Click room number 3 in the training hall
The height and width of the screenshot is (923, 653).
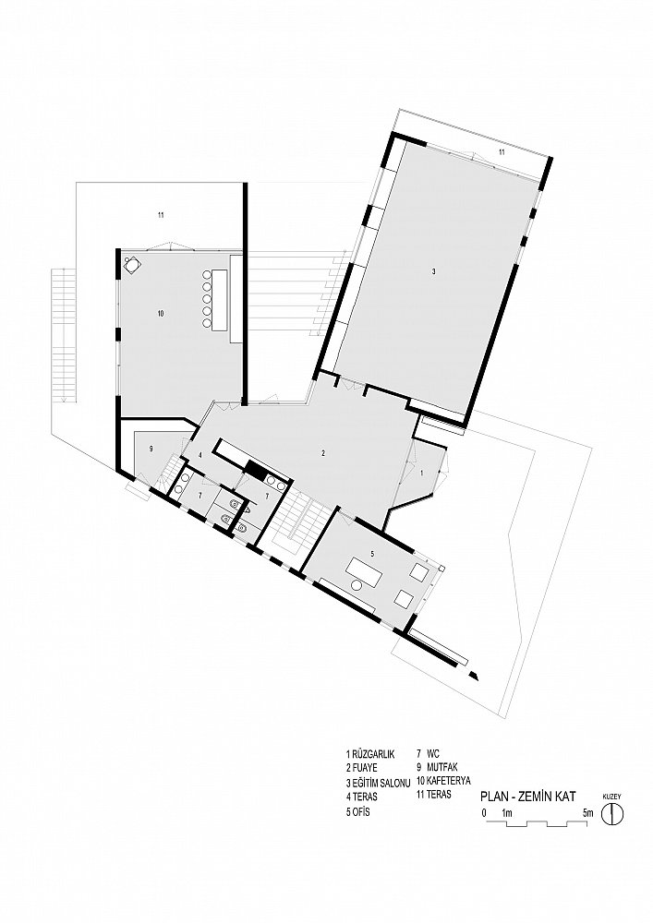point(433,271)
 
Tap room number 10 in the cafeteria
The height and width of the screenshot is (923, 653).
point(160,314)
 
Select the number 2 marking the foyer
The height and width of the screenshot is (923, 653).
point(323,452)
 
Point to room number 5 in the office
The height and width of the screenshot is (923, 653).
point(372,553)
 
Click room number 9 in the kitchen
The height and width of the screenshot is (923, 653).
point(151,449)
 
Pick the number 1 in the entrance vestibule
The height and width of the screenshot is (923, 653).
point(421,473)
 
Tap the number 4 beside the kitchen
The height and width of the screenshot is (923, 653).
point(200,455)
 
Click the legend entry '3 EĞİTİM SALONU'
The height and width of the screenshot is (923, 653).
point(378,783)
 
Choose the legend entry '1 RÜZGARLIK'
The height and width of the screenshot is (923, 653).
point(370,754)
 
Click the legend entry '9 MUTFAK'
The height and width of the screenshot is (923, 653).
point(437,767)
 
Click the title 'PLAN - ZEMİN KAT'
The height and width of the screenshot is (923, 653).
point(527,797)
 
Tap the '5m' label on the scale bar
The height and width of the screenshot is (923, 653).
point(587,813)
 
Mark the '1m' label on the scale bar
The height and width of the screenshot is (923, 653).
point(506,813)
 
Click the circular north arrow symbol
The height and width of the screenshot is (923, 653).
point(612,814)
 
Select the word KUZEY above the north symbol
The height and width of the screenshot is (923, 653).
point(611,797)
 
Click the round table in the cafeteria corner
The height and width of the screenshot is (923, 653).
point(131,265)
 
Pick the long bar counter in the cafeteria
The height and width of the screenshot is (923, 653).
point(219,299)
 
